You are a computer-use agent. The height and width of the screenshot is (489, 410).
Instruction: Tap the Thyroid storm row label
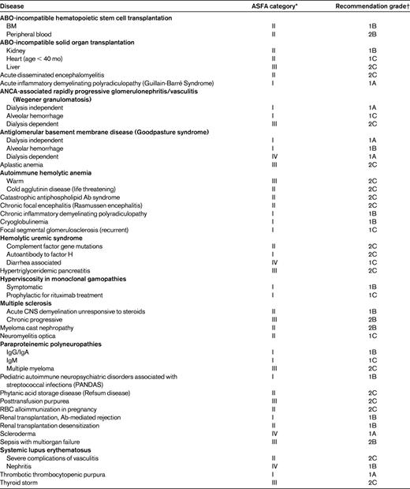pyautogui.click(x=20, y=482)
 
